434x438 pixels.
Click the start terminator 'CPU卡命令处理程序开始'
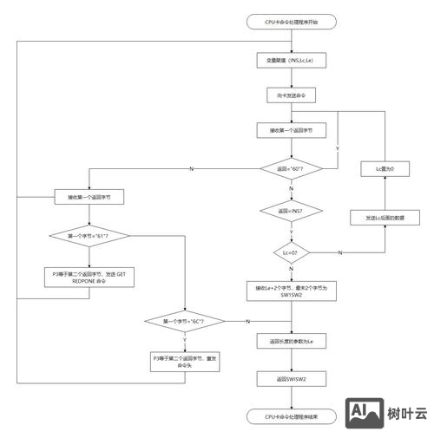pos(291,22)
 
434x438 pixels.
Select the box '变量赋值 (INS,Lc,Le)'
pos(291,62)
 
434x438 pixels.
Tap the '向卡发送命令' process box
pos(291,94)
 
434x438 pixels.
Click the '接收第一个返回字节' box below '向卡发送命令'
pos(291,131)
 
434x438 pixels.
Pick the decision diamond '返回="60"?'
pos(291,168)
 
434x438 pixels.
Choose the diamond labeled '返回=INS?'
pos(291,211)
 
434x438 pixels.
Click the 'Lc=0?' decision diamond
pos(291,252)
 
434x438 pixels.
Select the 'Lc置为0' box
pos(385,170)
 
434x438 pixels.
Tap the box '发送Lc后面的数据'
pos(385,218)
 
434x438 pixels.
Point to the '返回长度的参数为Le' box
pos(291,342)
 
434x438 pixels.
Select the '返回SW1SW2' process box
pos(291,379)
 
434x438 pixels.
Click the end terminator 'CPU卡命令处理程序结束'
pos(291,417)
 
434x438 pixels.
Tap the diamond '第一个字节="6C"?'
pos(185,322)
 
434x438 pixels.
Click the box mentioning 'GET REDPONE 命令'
pos(89,278)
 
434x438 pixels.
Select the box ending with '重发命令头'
pos(185,362)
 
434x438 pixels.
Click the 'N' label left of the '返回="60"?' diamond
pos(191,169)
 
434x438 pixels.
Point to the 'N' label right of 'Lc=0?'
pos(339,252)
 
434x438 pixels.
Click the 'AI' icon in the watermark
pos(364,414)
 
